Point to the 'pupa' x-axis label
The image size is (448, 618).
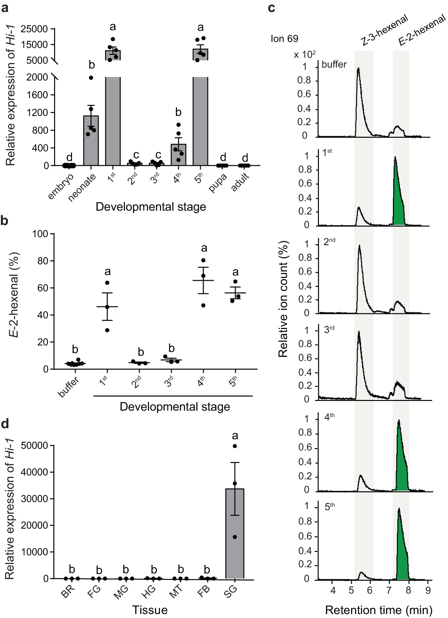pos(218,183)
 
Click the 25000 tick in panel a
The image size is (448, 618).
pos(34,29)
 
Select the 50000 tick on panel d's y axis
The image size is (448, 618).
pos(34,445)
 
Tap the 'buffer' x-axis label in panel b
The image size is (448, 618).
pos(69,387)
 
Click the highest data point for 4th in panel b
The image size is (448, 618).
pos(203,260)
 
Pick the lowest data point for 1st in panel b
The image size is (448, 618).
pos(107,330)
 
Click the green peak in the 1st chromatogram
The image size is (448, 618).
pos(398,199)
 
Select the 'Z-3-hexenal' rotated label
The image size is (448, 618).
pos(384,31)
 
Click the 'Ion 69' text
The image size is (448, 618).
pos(284,39)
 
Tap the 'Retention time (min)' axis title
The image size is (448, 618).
pos(379,610)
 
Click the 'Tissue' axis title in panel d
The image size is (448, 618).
pos(150,610)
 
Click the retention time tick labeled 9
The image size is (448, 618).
pos(428,590)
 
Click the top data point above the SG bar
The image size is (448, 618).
pos(235,446)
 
